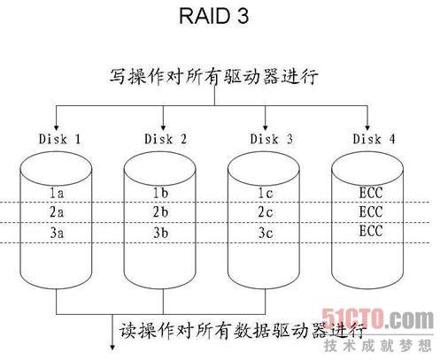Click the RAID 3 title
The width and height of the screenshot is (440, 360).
[218, 18]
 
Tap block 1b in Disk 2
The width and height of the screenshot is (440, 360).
[161, 192]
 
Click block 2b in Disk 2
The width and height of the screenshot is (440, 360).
[161, 213]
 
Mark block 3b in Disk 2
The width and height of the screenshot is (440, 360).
[161, 234]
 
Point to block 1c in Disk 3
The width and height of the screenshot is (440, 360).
[266, 192]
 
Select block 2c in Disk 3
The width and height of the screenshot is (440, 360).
[266, 213]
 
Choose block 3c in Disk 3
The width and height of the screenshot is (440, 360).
[266, 234]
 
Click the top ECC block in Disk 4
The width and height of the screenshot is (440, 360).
[369, 192]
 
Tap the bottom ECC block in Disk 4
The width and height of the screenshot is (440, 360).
[369, 234]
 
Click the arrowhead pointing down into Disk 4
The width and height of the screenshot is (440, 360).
[369, 125]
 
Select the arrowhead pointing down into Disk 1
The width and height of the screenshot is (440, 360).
[57, 125]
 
